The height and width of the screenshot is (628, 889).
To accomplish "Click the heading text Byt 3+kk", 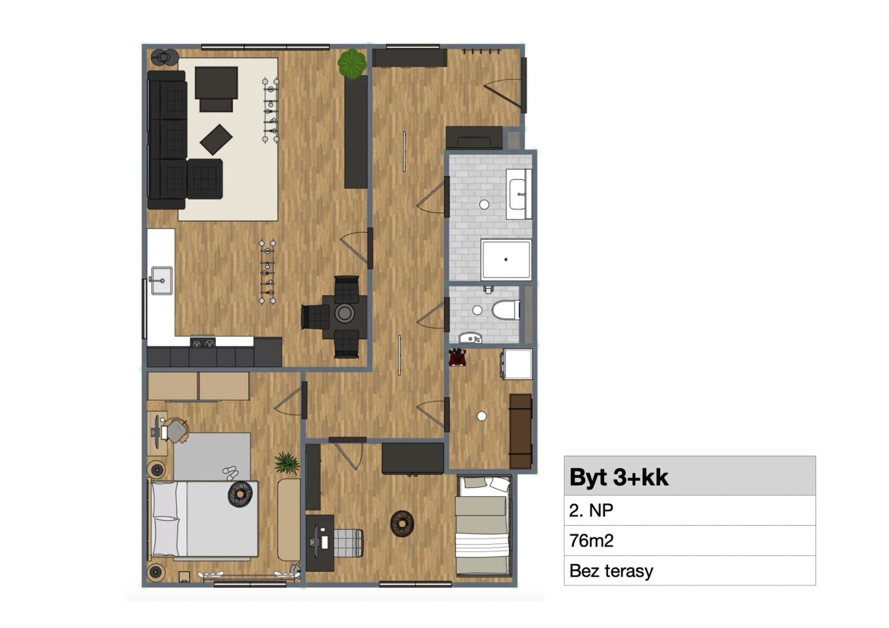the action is [x=619, y=477].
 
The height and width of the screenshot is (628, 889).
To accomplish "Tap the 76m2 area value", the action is [x=591, y=540].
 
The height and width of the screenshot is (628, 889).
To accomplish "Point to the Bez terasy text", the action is [x=611, y=571].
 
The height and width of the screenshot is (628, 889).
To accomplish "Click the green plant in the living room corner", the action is [x=352, y=63].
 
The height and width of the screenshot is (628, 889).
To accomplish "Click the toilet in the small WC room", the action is [x=506, y=310].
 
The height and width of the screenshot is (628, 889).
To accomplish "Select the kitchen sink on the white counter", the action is [x=162, y=281].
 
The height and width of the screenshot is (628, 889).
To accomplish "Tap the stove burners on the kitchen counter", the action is [x=203, y=342].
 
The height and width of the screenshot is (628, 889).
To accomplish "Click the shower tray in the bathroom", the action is [x=506, y=260].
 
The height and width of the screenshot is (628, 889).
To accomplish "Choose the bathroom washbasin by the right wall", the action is [x=519, y=194].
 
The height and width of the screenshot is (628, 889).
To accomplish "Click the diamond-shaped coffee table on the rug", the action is [x=216, y=139].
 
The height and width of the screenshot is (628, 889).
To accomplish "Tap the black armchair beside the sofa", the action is [x=205, y=179].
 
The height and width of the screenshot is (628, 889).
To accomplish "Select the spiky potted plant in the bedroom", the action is [x=286, y=463].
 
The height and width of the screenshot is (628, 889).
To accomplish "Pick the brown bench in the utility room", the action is [x=520, y=431].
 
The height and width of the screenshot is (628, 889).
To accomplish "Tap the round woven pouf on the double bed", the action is [x=240, y=494].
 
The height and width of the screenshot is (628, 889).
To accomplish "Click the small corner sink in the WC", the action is [x=471, y=338].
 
